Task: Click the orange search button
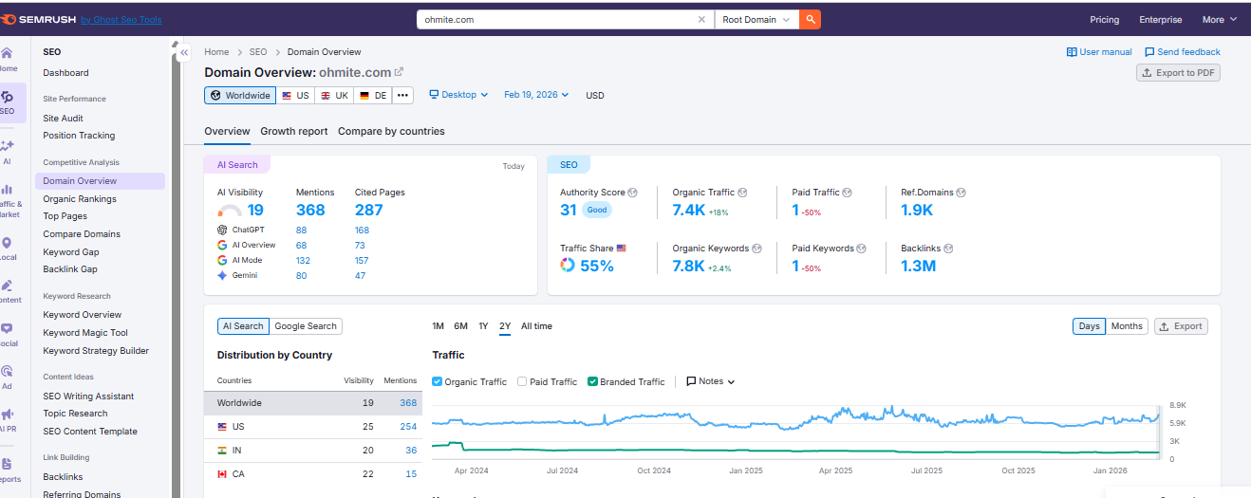[810, 19]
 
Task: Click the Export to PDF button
[1178, 73]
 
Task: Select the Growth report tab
[294, 131]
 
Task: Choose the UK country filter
[334, 95]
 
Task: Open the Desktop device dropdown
[458, 95]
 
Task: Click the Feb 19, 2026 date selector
[536, 95]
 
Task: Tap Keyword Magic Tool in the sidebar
[85, 333]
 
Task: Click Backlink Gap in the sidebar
[70, 269]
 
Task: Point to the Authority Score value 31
[569, 211]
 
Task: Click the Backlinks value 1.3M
[918, 266]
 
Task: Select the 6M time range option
[460, 326]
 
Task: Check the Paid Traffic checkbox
[523, 381]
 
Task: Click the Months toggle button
[1127, 326]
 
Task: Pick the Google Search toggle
[306, 326]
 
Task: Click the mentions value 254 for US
[408, 427]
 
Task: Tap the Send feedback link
[1183, 52]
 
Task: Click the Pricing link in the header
[1104, 19]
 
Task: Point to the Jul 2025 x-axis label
[926, 470]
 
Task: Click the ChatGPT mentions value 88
[301, 230]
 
